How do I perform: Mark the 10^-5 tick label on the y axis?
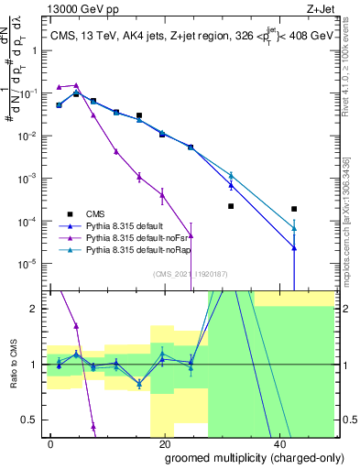[x=29, y=264]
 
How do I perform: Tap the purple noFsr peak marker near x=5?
[x=77, y=85]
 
